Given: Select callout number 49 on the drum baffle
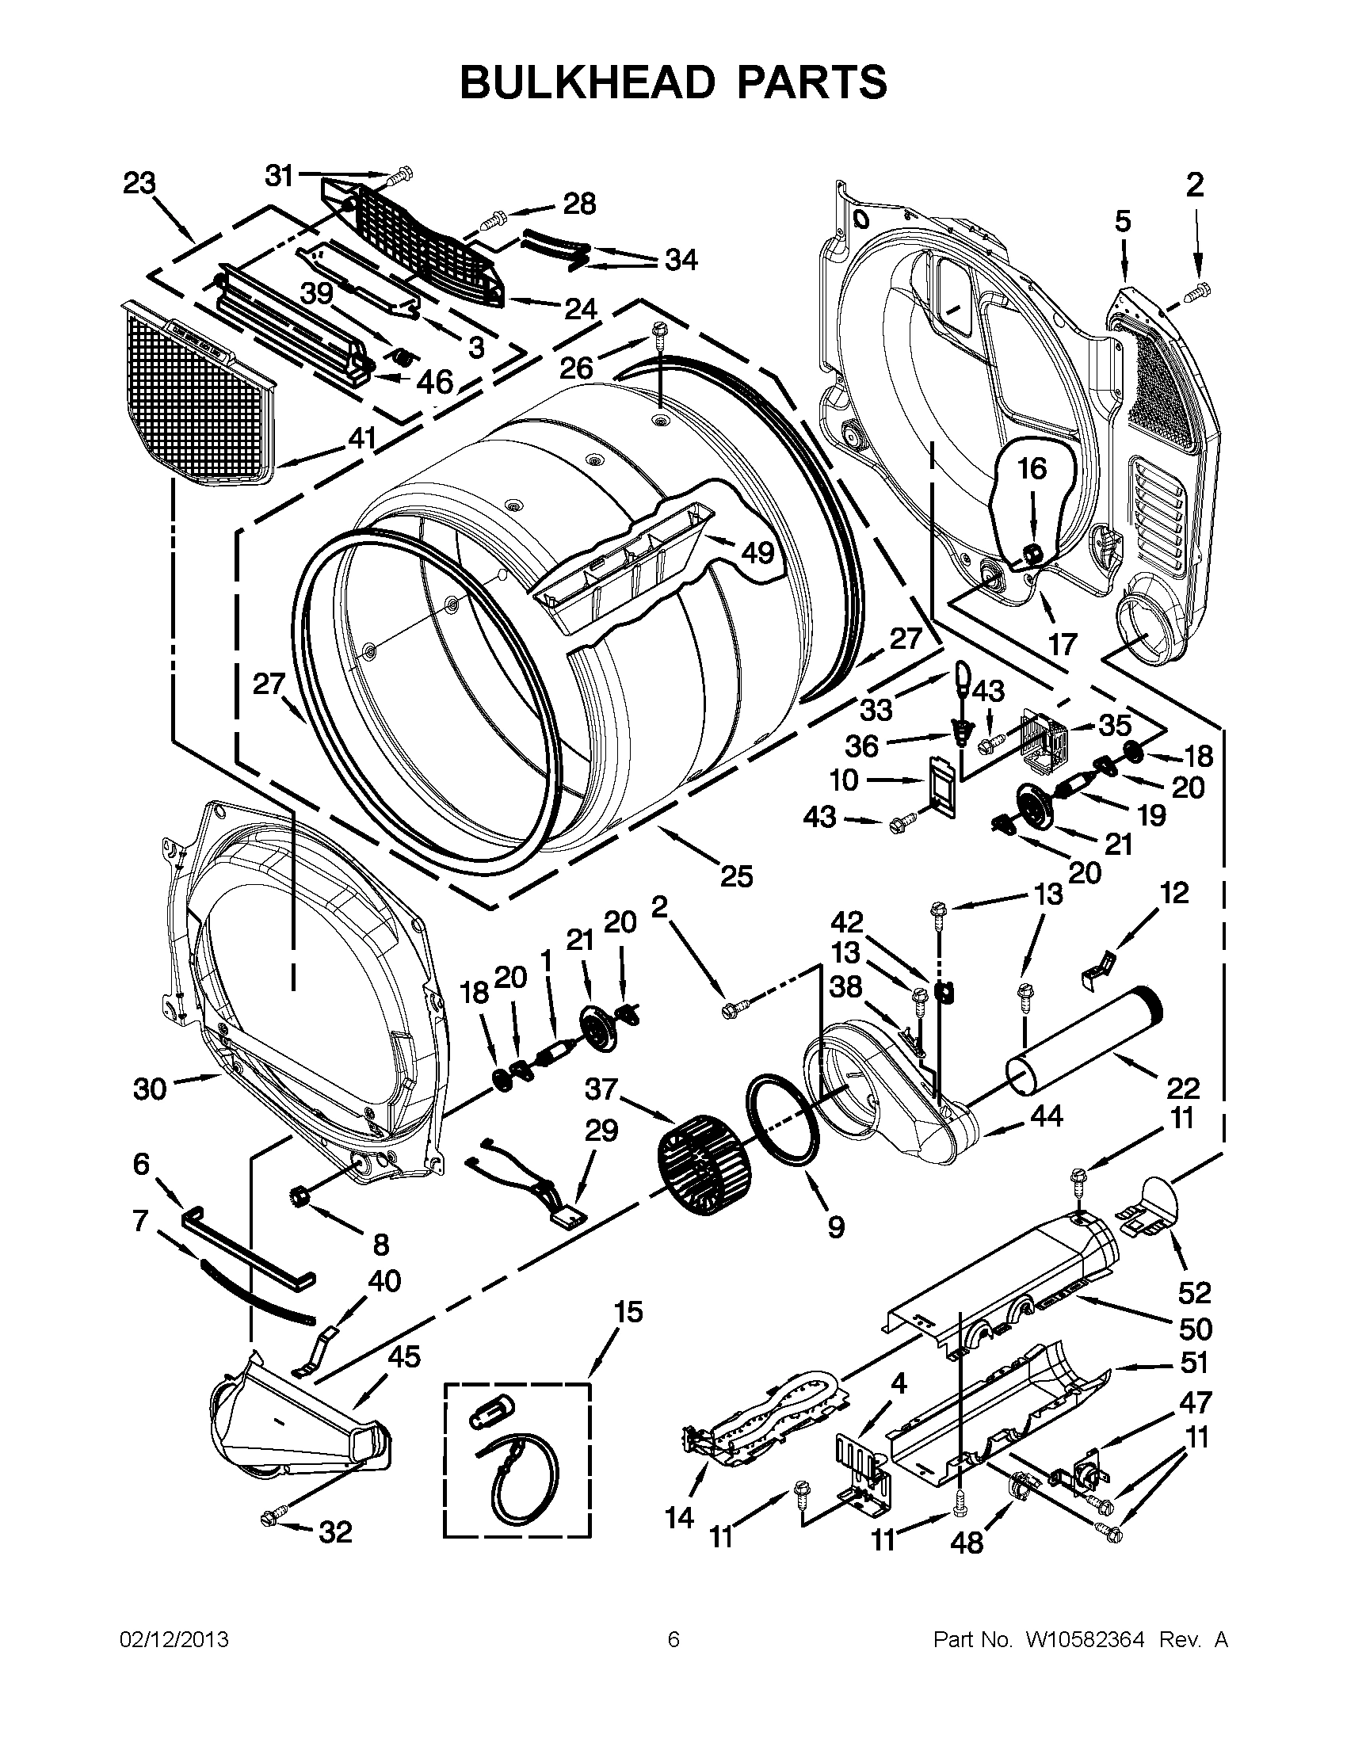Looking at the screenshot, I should click(x=757, y=551).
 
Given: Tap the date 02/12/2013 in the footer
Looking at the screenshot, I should click(x=174, y=1641).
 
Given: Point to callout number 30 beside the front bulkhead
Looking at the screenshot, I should click(x=149, y=1089).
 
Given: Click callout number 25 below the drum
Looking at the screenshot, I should click(x=736, y=876).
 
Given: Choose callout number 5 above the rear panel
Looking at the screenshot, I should click(x=1123, y=221).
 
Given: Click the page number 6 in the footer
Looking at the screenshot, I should click(x=673, y=1641).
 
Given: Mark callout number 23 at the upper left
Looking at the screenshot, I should click(x=139, y=185).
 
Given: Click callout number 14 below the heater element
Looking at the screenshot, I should click(x=679, y=1517).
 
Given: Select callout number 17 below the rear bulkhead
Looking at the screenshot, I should click(x=1062, y=643).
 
